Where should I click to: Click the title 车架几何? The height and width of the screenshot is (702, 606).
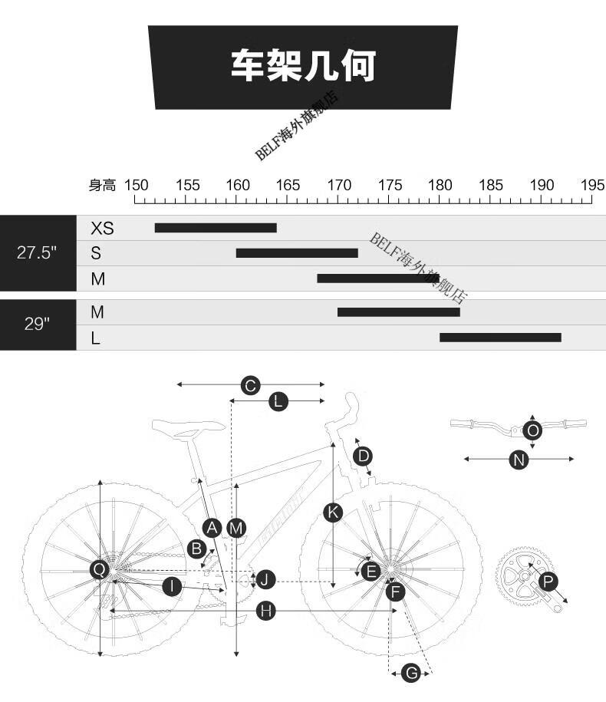pyautogui.click(x=303, y=66)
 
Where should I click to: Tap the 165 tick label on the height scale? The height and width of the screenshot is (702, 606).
pyautogui.click(x=288, y=185)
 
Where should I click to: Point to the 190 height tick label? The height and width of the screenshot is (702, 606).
pyautogui.click(x=542, y=185)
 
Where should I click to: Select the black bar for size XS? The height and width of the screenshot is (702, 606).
pyautogui.click(x=216, y=228)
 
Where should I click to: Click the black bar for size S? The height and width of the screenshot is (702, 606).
pyautogui.click(x=297, y=253)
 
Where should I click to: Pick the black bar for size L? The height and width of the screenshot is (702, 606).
pyautogui.click(x=500, y=337)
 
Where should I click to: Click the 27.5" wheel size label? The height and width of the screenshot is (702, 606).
pyautogui.click(x=37, y=252)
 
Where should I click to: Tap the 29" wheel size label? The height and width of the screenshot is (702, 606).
pyautogui.click(x=37, y=323)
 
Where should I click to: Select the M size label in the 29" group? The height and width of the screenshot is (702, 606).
pyautogui.click(x=97, y=312)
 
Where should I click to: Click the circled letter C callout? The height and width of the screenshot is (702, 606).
pyautogui.click(x=251, y=385)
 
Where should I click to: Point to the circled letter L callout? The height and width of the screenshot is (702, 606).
pyautogui.click(x=278, y=401)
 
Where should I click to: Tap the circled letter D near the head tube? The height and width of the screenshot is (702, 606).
pyautogui.click(x=363, y=456)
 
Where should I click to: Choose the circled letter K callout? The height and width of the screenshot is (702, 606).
pyautogui.click(x=333, y=512)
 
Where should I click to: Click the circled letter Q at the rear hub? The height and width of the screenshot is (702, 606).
pyautogui.click(x=100, y=569)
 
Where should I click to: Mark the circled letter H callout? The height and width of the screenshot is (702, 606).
pyautogui.click(x=266, y=611)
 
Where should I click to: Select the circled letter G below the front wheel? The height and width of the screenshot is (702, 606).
pyautogui.click(x=411, y=672)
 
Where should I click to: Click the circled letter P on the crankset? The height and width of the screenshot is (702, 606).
pyautogui.click(x=548, y=582)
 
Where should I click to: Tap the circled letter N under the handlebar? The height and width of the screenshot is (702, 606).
pyautogui.click(x=519, y=460)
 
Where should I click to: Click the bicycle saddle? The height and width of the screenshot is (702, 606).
pyautogui.click(x=189, y=427)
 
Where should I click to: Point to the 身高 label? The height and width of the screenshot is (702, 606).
pyautogui.click(x=102, y=186)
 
